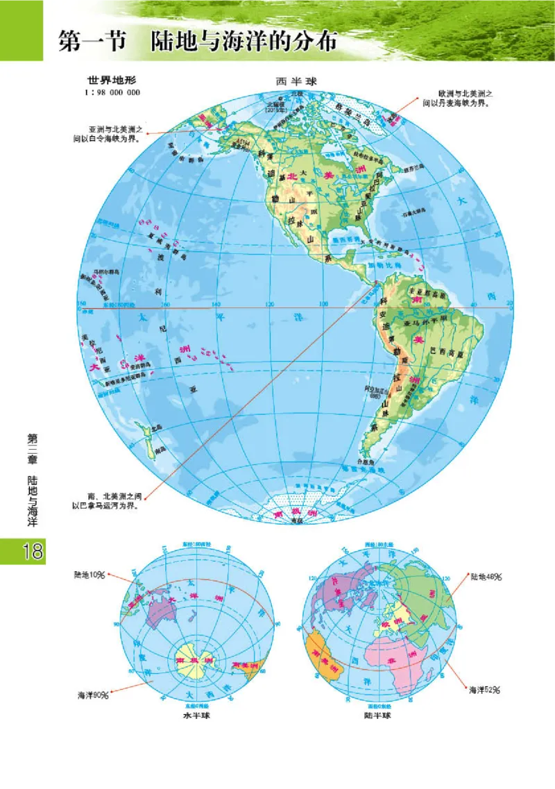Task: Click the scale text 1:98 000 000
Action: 112,92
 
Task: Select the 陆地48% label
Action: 486,577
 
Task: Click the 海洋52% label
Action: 485,690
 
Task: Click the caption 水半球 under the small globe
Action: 196,715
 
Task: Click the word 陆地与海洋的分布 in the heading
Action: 244,41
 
